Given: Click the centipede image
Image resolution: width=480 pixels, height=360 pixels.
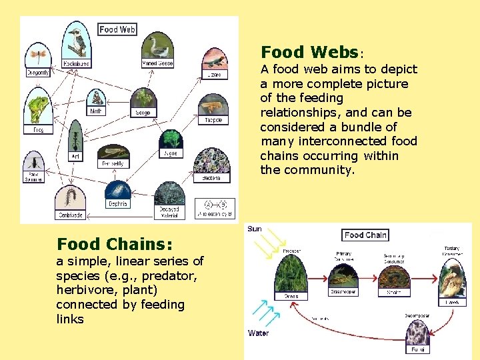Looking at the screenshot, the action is point(70,198).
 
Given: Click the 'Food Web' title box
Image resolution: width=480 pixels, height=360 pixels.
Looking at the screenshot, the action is point(117,29).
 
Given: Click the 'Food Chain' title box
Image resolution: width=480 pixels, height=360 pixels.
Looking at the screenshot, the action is point(365,235).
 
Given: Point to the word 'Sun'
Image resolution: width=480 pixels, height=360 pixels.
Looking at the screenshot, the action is point(255,229).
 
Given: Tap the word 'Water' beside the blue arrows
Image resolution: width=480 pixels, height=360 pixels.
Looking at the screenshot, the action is point(259,333).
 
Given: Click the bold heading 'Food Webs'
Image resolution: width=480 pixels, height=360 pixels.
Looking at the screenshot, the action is point(310,52).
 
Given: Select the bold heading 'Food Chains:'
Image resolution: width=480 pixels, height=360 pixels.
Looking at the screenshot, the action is point(114,244).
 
